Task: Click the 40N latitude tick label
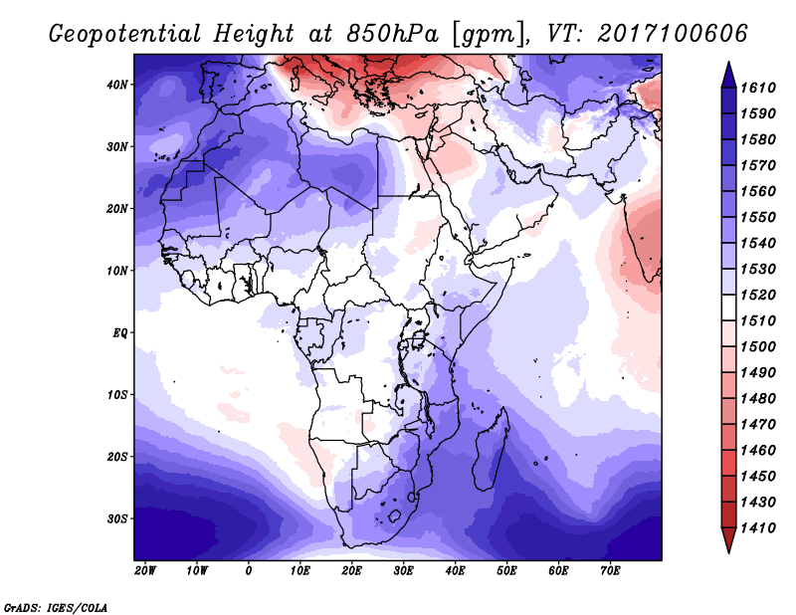pyautogui.click(x=117, y=85)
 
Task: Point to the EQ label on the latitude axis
pyautogui.click(x=119, y=333)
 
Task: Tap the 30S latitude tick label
pyautogui.click(x=117, y=519)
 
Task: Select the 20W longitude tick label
pyautogui.click(x=145, y=571)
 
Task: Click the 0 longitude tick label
pyautogui.click(x=248, y=571)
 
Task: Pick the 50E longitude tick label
pyautogui.click(x=506, y=571)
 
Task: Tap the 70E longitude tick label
pyautogui.click(x=610, y=571)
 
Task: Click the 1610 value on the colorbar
pyautogui.click(x=758, y=88)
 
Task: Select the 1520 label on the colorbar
pyautogui.click(x=758, y=295)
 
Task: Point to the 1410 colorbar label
pyautogui.click(x=758, y=528)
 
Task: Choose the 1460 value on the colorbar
pyautogui.click(x=758, y=451)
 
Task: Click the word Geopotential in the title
pyautogui.click(x=125, y=35)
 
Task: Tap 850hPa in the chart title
pyautogui.click(x=392, y=34)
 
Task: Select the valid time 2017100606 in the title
pyautogui.click(x=673, y=34)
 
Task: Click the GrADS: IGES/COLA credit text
pyautogui.click(x=56, y=608)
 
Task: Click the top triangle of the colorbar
pyautogui.click(x=728, y=75)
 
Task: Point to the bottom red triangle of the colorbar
pyautogui.click(x=728, y=540)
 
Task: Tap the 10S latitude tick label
pyautogui.click(x=117, y=395)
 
